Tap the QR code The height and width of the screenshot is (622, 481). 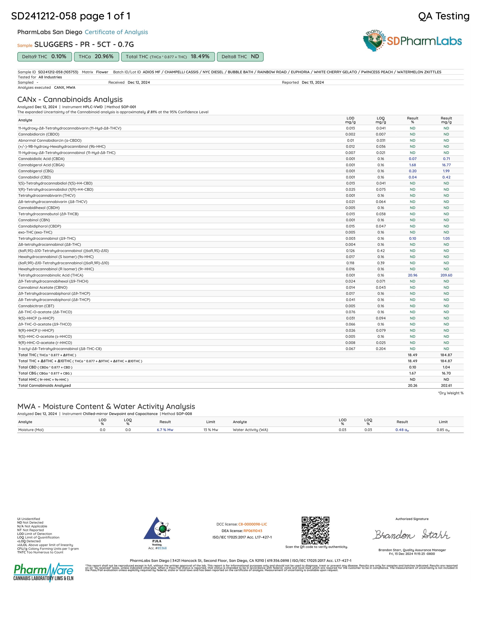click(x=315, y=530)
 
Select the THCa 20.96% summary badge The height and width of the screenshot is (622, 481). click(x=96, y=57)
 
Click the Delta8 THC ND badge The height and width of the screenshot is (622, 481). click(x=240, y=57)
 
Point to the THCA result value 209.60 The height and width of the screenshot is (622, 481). click(x=446, y=275)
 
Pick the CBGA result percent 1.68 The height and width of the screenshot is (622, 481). click(x=412, y=165)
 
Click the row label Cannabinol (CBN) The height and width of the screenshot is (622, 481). click(x=34, y=220)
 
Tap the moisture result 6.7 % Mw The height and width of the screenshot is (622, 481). click(x=165, y=430)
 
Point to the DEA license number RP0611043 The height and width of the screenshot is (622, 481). click(x=253, y=531)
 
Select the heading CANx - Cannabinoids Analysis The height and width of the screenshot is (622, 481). click(x=70, y=99)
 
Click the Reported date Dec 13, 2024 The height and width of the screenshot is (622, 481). click(x=313, y=82)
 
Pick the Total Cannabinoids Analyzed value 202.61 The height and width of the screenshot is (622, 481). click(x=446, y=385)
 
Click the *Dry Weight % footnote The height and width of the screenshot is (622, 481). click(x=450, y=393)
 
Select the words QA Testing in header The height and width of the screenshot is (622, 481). click(x=444, y=16)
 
